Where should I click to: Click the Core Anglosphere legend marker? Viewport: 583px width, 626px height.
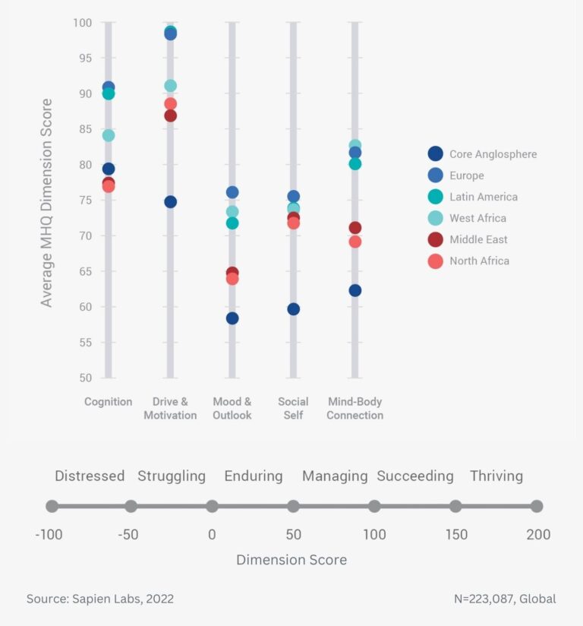[x=435, y=154]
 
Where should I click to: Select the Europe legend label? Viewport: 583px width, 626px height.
[x=466, y=175]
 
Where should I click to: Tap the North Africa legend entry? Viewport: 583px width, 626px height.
[x=479, y=261]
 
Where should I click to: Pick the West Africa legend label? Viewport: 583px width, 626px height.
[x=477, y=218]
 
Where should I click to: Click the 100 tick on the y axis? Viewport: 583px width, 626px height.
[x=82, y=23]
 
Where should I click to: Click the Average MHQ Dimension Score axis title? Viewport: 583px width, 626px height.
[x=47, y=202]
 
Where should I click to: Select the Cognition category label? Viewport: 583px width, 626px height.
[x=109, y=402]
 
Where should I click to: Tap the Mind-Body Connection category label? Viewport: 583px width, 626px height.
[x=355, y=409]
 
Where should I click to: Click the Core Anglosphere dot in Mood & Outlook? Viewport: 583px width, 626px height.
[x=232, y=318]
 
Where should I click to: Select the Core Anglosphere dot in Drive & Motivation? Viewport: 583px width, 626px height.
[x=170, y=202]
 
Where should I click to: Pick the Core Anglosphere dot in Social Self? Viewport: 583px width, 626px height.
[x=293, y=309]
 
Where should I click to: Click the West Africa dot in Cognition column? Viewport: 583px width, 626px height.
[x=109, y=135]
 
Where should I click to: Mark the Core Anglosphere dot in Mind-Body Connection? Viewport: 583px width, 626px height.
[x=355, y=290]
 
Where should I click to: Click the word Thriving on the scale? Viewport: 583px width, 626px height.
[x=496, y=476]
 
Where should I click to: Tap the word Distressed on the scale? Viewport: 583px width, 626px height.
[x=90, y=476]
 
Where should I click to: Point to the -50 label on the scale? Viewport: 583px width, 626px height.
[x=128, y=535]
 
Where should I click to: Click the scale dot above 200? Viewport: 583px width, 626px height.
[x=537, y=506]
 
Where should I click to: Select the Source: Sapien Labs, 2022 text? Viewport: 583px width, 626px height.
[x=100, y=599]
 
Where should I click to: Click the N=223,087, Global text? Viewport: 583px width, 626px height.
[x=505, y=599]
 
